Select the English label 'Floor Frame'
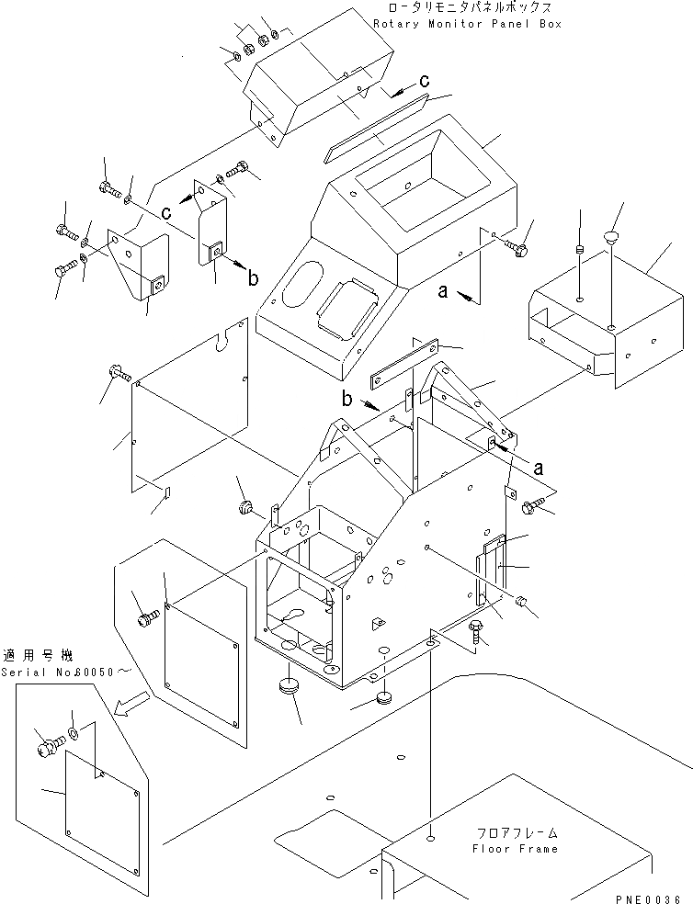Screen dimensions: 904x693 pos(515,849)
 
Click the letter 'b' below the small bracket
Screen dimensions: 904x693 pos(251,276)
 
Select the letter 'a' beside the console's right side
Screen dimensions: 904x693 pos(443,291)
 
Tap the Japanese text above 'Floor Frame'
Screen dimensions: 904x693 pos(515,833)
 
